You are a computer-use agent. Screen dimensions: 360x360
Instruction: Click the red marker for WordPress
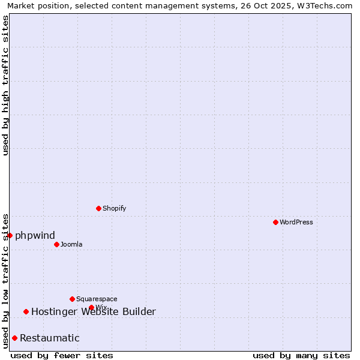pyautogui.click(x=275, y=222)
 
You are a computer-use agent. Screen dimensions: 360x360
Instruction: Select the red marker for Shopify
pyautogui.click(x=99, y=208)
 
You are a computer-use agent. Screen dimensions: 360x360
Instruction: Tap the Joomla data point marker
pyautogui.click(x=56, y=244)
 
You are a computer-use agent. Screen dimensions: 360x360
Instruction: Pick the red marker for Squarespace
pyautogui.click(x=72, y=299)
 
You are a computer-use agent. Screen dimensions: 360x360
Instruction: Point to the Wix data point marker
pyautogui.click(x=91, y=308)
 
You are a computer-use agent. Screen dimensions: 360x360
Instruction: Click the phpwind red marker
pyautogui.click(x=10, y=235)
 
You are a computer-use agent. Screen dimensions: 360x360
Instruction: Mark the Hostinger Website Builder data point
pyautogui.click(x=26, y=311)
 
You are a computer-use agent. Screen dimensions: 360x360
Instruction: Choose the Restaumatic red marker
pyautogui.click(x=14, y=338)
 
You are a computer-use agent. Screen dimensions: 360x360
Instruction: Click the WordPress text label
pyautogui.click(x=296, y=222)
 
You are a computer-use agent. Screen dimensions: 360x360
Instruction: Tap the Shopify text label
pyautogui.click(x=114, y=208)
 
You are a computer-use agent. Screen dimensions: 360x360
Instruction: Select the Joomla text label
pyautogui.click(x=71, y=244)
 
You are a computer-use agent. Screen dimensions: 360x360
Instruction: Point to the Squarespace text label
pyautogui.click(x=97, y=299)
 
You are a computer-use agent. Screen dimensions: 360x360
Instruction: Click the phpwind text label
pyautogui.click(x=35, y=235)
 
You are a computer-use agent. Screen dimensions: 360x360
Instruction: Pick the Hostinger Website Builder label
pyautogui.click(x=93, y=311)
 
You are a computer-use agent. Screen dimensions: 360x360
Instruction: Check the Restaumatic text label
pyautogui.click(x=49, y=338)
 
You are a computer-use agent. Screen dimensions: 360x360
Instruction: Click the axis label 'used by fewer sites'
pyautogui.click(x=62, y=355)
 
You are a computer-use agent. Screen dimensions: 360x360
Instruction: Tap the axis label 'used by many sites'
pyautogui.click(x=301, y=355)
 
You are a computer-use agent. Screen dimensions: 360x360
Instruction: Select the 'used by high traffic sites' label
pyautogui.click(x=5, y=85)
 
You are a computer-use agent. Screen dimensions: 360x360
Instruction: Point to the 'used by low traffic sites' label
pyautogui.click(x=5, y=280)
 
